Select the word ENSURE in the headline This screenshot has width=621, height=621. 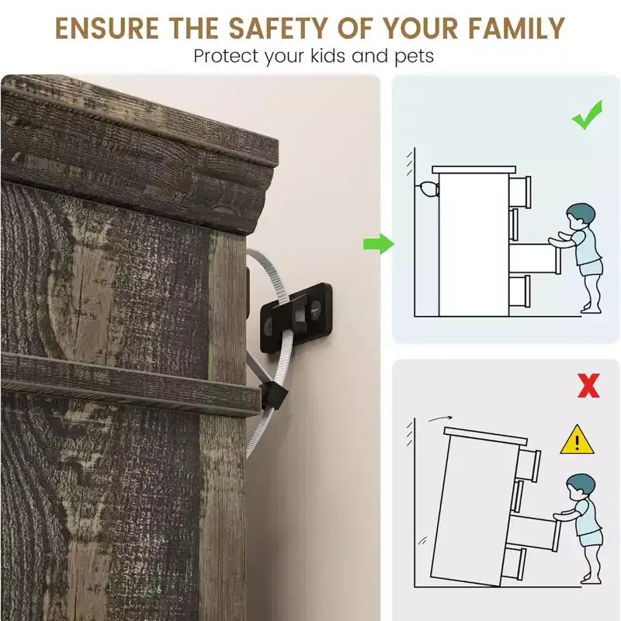(x=106, y=29)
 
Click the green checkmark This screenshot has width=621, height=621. (x=587, y=115)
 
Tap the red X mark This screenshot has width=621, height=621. (x=588, y=385)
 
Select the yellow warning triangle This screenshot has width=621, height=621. (x=577, y=440)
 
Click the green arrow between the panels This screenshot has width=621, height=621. (x=379, y=244)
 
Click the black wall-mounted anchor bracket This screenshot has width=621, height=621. (x=296, y=317)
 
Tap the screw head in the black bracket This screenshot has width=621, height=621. (x=316, y=308)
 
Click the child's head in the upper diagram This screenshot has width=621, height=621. (x=580, y=217)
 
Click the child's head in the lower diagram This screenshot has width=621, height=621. (x=580, y=487)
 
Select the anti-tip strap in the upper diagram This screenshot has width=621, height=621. (x=428, y=189)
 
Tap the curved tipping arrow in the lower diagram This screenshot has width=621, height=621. (x=440, y=418)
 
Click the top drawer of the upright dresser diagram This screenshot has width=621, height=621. (x=520, y=193)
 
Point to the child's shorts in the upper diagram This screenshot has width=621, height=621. (x=592, y=268)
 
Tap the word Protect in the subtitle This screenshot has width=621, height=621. (x=227, y=56)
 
